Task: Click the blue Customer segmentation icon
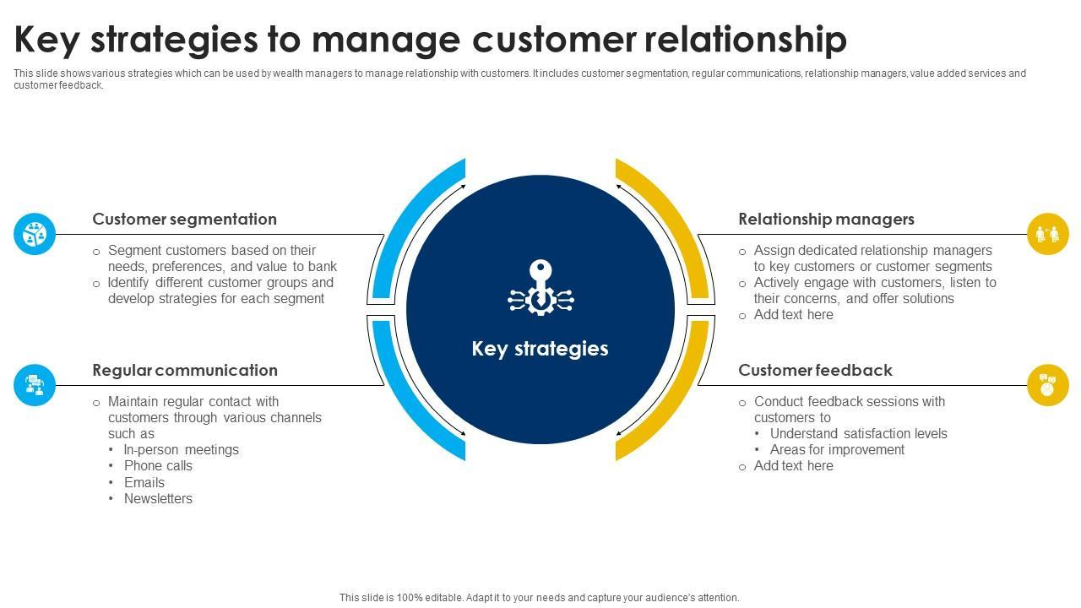(x=35, y=234)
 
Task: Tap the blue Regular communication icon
(x=35, y=385)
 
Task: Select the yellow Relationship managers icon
(x=1048, y=234)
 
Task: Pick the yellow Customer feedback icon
(x=1048, y=385)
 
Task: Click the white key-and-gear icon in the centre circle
(x=540, y=288)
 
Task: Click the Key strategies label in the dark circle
(x=540, y=349)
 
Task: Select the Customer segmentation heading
(x=184, y=220)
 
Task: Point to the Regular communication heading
(x=185, y=370)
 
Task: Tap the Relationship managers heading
(x=826, y=220)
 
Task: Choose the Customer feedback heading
(x=815, y=370)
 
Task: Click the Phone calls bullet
(x=158, y=465)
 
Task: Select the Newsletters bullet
(x=158, y=498)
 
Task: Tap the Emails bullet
(x=144, y=482)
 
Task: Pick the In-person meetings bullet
(x=181, y=450)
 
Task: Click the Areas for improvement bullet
(x=837, y=450)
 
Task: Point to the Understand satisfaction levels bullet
(x=859, y=433)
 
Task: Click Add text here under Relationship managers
(x=793, y=315)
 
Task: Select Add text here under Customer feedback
(x=793, y=465)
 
